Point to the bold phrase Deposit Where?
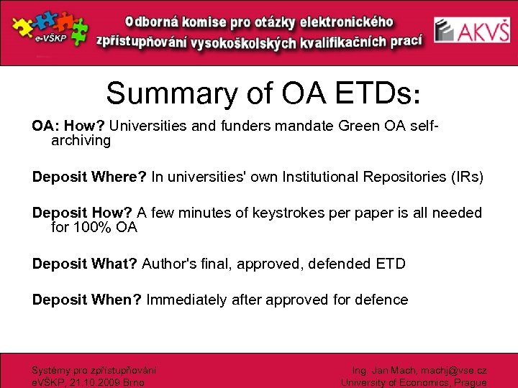coord(86,177)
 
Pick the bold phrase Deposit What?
coord(85,264)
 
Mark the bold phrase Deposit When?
coord(87,300)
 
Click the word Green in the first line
coord(350,126)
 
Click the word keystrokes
coord(281,213)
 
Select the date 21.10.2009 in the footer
coord(93,382)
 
